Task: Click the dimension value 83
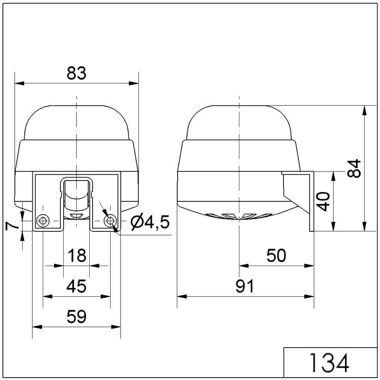76,73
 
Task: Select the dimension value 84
354,169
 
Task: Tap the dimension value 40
323,201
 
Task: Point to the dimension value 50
276,256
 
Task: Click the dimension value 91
244,286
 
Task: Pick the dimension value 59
76,316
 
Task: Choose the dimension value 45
76,286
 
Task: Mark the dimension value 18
77,256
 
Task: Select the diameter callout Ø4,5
150,222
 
